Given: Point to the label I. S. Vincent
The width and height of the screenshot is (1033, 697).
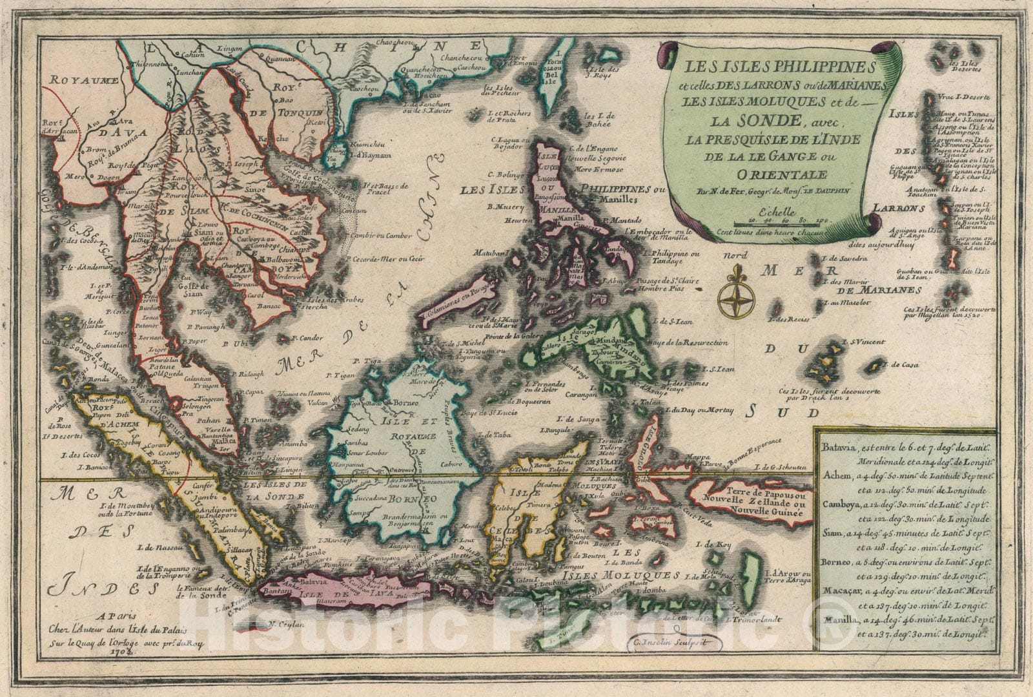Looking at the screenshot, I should [863, 341].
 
